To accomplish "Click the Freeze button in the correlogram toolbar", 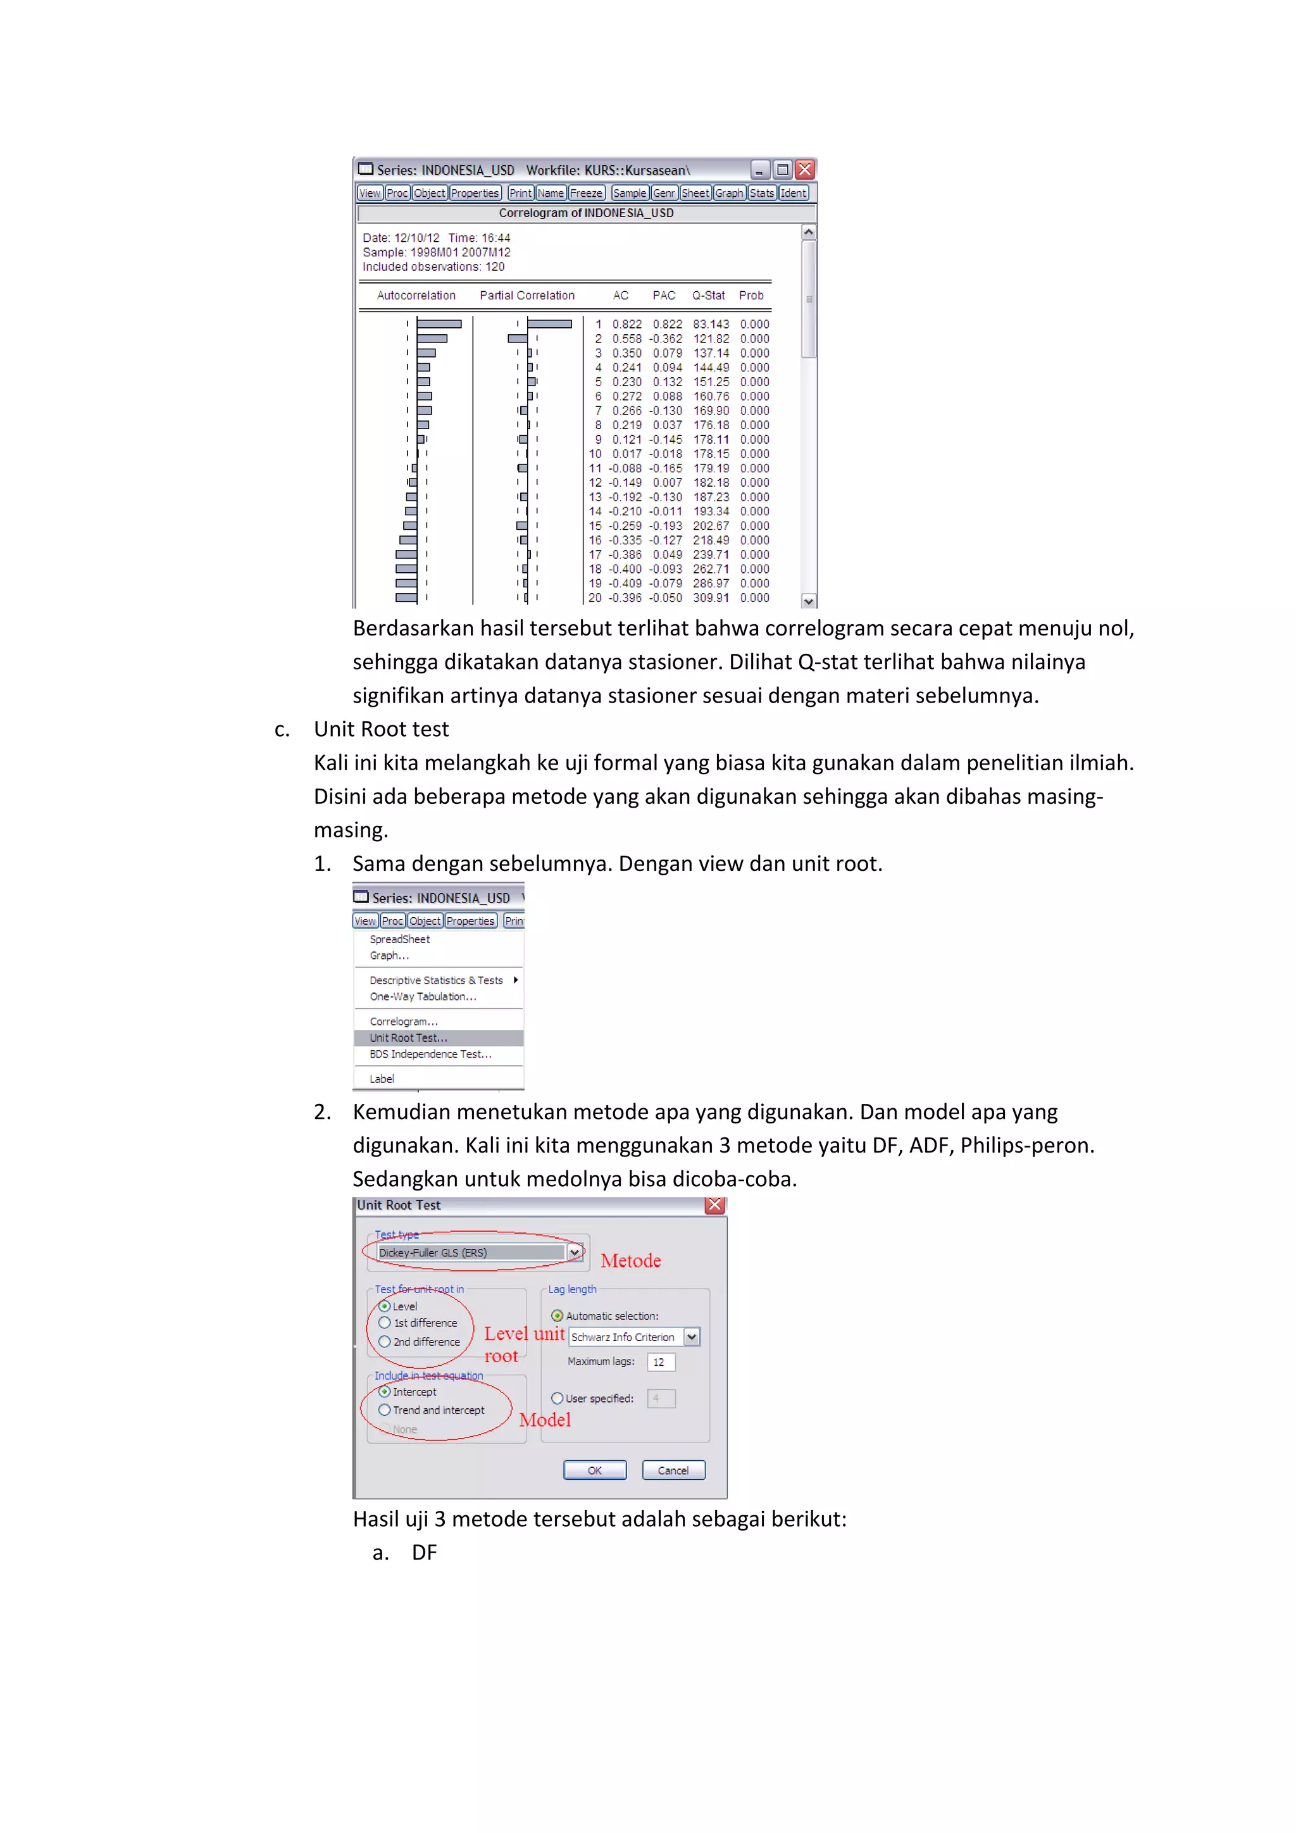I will click(586, 193).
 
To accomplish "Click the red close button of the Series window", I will click(804, 169).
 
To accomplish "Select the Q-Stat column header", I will click(708, 296).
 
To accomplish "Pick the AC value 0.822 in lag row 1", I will click(626, 324).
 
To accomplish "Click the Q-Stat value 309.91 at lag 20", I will click(710, 598).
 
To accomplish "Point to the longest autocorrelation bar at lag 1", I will click(439, 324).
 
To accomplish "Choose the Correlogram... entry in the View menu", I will click(403, 1021).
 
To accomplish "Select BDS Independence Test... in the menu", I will click(430, 1054).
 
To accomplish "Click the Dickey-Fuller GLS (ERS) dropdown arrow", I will click(575, 1253).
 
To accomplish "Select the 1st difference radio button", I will click(385, 1323).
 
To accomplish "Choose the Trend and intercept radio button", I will click(385, 1410).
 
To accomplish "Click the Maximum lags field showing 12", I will click(661, 1362).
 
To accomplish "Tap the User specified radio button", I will click(557, 1398).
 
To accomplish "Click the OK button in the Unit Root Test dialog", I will click(595, 1470).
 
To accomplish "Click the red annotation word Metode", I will click(630, 1261).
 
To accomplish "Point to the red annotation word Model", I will click(545, 1420).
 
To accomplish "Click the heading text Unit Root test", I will click(381, 729).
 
